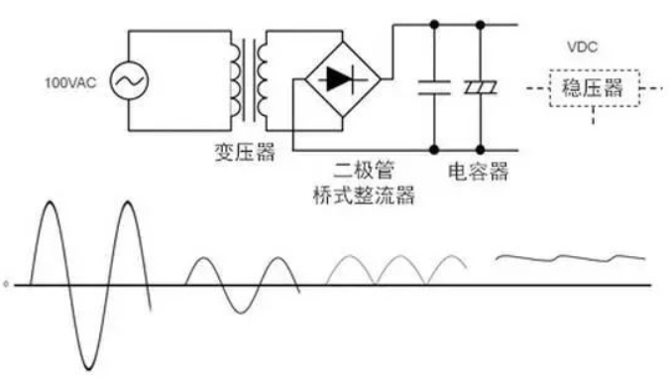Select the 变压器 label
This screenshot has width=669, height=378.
[242, 152]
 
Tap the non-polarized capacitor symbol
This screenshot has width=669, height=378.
[434, 85]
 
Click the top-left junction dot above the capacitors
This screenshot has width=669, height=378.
[434, 22]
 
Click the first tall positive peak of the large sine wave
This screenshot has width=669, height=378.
[51, 203]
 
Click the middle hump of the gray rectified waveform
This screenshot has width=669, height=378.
[399, 256]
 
